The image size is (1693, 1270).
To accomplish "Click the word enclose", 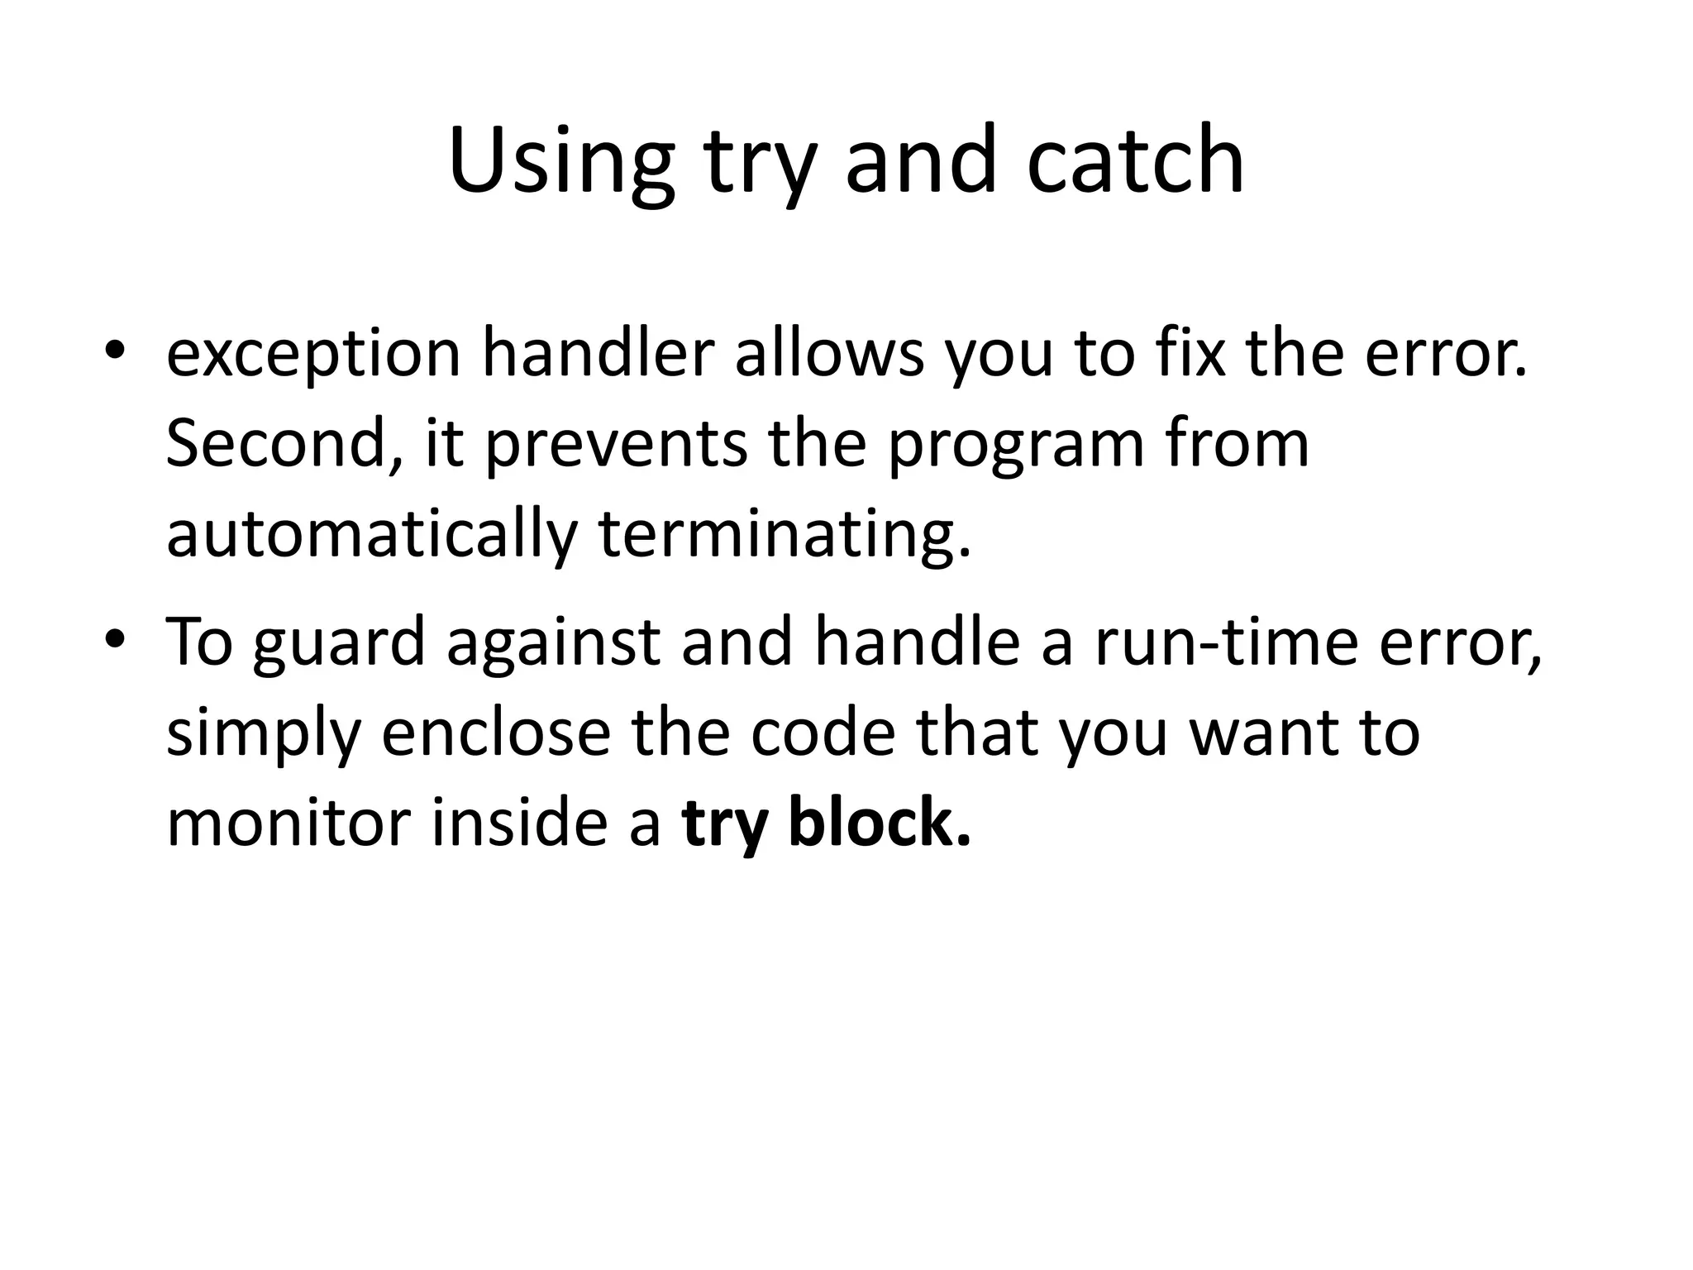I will [495, 733].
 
